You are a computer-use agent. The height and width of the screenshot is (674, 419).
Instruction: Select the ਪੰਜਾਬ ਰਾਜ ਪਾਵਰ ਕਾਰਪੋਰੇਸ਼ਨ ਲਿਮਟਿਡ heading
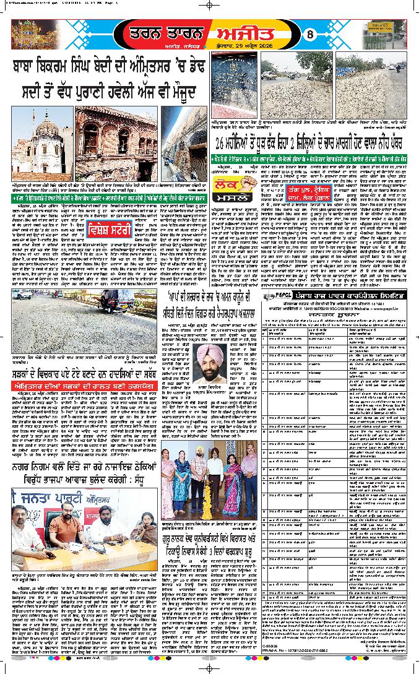[x=353, y=295]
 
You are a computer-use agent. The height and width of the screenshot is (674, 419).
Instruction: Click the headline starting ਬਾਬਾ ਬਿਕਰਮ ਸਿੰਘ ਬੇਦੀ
[x=105, y=79]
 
